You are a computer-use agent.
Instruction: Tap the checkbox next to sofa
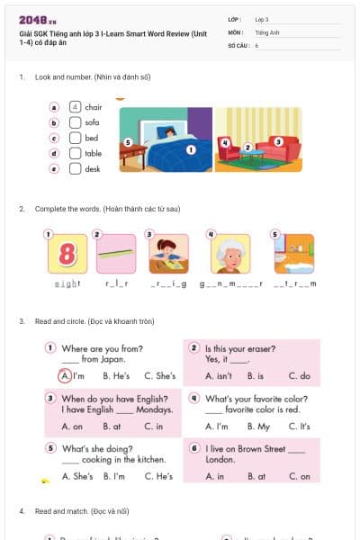tap(76, 122)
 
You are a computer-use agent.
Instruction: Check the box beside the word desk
tap(76, 168)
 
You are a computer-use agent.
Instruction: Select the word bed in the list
tap(92, 138)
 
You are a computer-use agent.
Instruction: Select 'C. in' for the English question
tap(154, 426)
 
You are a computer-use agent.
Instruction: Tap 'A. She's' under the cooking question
tap(76, 476)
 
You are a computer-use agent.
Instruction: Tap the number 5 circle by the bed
tap(128, 142)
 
